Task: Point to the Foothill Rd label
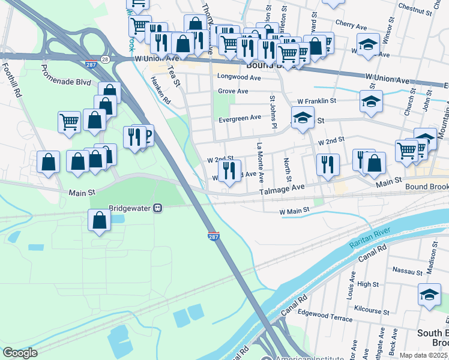[12, 81]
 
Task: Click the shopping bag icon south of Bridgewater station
[100, 220]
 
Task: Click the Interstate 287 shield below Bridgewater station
[214, 236]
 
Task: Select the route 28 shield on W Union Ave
[105, 59]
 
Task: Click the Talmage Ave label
[282, 188]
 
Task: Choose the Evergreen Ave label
[240, 118]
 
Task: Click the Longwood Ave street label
[238, 77]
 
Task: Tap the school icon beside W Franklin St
[371, 101]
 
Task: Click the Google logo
[20, 353]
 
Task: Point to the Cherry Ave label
[351, 26]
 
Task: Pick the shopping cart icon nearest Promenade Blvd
[69, 122]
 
